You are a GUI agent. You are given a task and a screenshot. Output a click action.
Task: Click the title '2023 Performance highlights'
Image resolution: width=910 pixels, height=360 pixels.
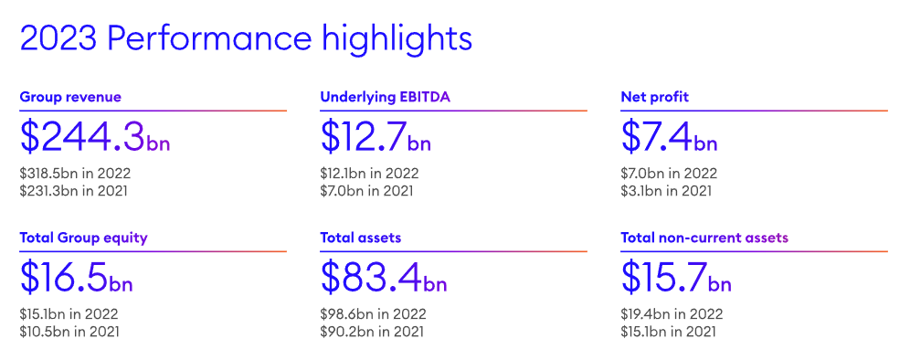(246, 38)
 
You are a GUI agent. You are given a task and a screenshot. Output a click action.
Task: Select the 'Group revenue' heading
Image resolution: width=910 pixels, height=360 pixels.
(70, 97)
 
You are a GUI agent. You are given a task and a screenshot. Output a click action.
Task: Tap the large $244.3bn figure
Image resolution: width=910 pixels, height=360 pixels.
(95, 138)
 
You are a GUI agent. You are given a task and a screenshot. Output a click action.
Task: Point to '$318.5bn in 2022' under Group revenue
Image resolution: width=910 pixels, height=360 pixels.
(75, 173)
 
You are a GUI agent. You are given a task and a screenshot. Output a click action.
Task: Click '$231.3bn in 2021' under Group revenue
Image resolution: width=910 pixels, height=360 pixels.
(73, 190)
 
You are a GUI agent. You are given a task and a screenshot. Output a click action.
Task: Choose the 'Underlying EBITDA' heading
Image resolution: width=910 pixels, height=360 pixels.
(386, 97)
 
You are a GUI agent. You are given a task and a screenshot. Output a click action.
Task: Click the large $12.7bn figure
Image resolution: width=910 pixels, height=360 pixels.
(376, 138)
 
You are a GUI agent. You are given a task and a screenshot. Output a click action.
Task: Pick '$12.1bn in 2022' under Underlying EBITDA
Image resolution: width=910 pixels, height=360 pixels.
(369, 173)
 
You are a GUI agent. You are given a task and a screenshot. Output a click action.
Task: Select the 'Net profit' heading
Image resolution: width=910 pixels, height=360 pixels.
(655, 97)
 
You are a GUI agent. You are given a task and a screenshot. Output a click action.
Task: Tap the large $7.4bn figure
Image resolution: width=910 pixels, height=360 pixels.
(669, 138)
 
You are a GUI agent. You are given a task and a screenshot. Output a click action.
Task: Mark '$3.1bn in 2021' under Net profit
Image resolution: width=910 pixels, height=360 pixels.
(666, 190)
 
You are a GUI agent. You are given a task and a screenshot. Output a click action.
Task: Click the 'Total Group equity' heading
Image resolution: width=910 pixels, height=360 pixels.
(83, 238)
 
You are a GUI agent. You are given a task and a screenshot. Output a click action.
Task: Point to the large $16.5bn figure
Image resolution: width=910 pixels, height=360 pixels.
(76, 278)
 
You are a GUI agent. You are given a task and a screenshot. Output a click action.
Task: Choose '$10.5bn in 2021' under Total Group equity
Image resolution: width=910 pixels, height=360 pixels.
(69, 331)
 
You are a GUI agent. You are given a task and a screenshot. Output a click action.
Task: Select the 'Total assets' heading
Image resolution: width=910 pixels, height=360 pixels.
(360, 238)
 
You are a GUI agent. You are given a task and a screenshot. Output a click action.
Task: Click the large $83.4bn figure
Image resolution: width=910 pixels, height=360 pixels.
(384, 278)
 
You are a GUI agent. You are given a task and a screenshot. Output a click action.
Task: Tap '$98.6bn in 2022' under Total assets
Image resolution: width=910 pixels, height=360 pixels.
(373, 314)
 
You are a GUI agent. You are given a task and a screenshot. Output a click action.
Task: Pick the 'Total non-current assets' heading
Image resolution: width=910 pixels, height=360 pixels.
(704, 238)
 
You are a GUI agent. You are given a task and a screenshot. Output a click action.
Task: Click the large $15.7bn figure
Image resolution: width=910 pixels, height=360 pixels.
(676, 278)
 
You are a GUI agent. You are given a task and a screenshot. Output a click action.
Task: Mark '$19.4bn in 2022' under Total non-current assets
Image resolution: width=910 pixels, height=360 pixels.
(672, 314)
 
